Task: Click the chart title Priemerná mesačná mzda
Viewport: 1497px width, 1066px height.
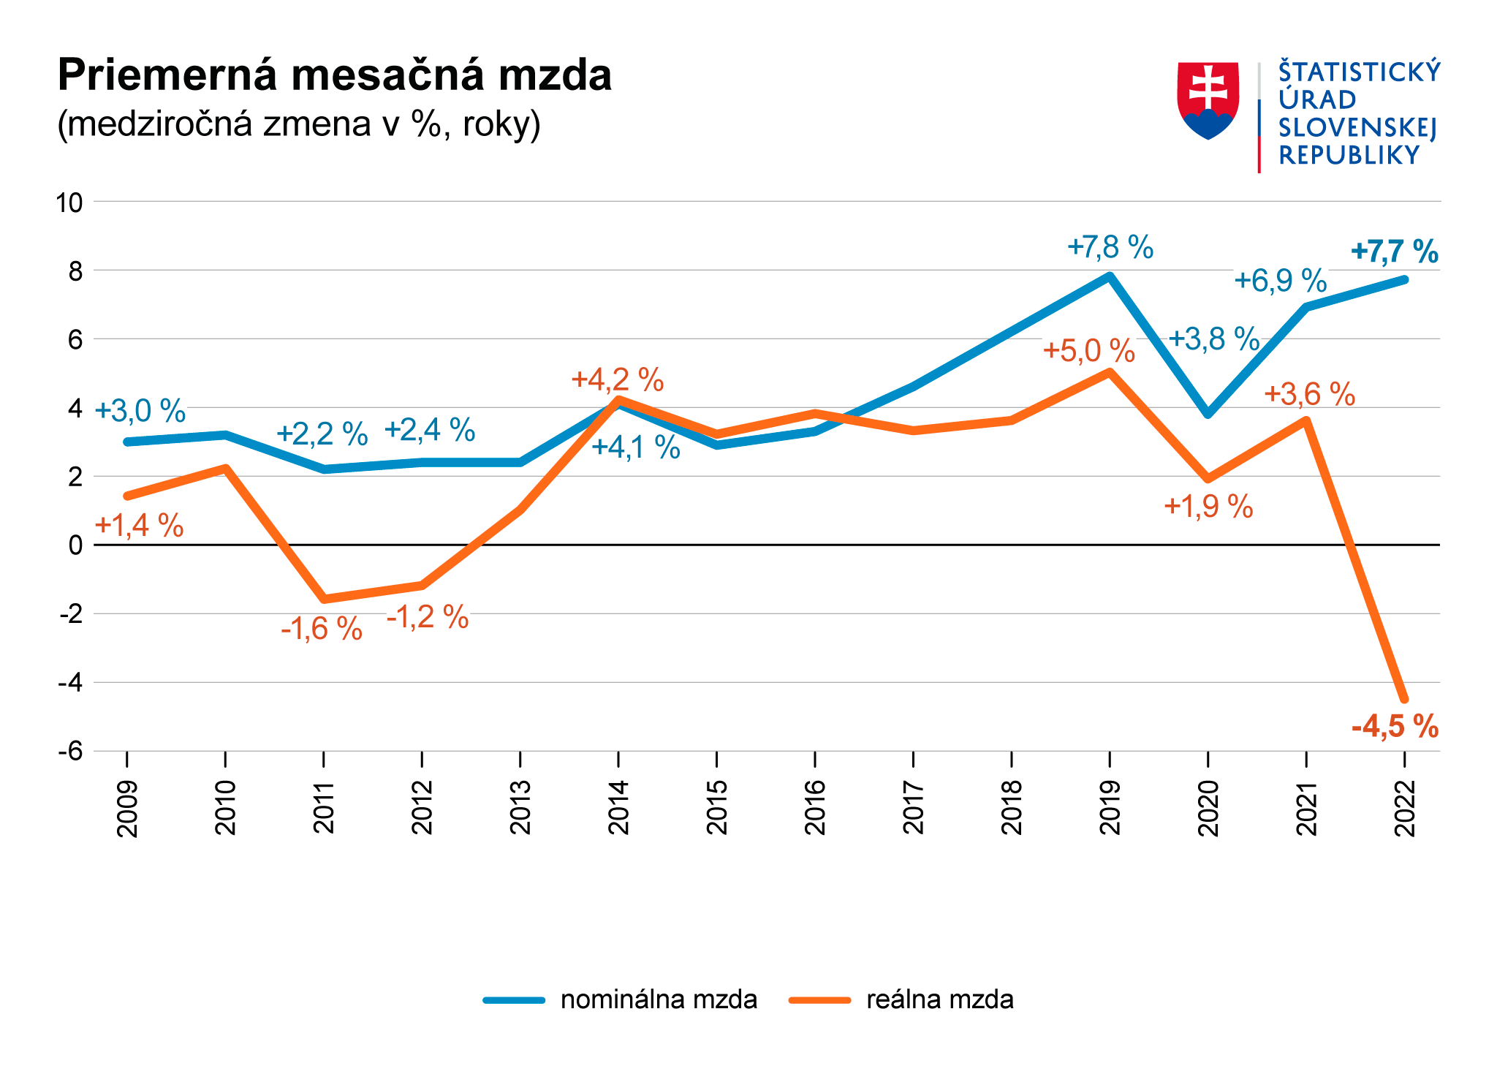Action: pos(334,75)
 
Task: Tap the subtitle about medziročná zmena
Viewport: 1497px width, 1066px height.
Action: pos(299,124)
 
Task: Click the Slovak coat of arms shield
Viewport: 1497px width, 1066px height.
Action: pos(1208,100)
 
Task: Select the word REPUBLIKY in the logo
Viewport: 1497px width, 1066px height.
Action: pos(1349,156)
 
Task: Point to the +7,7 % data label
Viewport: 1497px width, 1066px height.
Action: pos(1394,252)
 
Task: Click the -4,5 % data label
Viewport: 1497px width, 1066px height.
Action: pos(1395,727)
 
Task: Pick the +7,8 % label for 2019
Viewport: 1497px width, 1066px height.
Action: pos(1110,248)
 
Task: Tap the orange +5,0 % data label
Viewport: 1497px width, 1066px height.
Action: pos(1088,351)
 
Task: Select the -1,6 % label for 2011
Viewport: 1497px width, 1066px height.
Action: pos(322,629)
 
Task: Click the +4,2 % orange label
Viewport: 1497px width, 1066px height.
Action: pos(618,380)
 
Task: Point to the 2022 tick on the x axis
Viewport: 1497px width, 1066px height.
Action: pos(1405,807)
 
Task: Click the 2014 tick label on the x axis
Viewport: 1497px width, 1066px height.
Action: pos(618,807)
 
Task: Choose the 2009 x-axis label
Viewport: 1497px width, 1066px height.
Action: pos(127,807)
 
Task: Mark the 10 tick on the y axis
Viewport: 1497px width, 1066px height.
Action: pos(69,203)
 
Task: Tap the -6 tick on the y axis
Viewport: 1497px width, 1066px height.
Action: pos(71,752)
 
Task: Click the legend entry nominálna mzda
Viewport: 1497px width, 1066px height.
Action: pos(658,1000)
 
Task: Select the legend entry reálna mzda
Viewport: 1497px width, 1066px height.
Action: pos(939,1000)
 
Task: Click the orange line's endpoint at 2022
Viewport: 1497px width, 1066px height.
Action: pos(1404,700)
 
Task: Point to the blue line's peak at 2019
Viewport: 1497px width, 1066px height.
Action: pos(1110,276)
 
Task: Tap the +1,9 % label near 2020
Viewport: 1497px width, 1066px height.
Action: pos(1208,507)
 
